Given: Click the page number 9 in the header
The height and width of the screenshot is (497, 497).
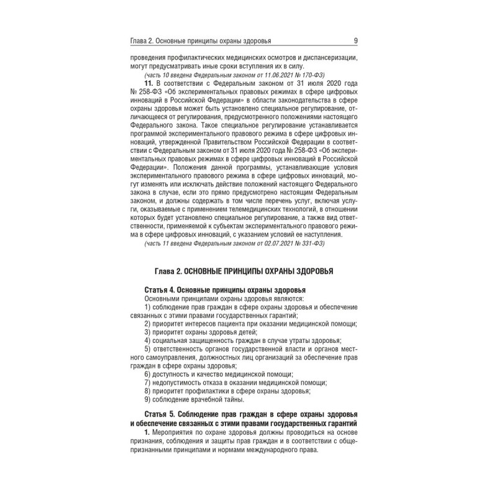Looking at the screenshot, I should coord(354,42).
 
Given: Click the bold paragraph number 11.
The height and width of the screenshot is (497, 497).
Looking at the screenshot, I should coord(148,82).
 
